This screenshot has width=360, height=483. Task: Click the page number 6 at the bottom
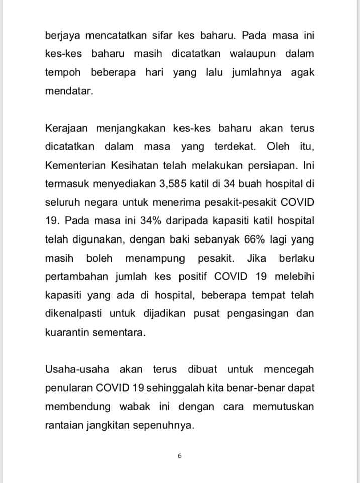click(179, 456)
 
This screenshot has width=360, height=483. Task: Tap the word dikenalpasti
click(74, 313)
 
